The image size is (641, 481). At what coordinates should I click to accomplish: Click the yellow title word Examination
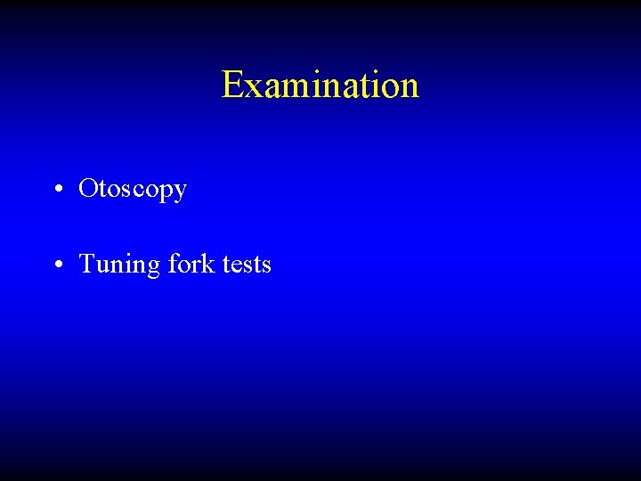[320, 86]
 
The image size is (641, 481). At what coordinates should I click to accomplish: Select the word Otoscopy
[133, 190]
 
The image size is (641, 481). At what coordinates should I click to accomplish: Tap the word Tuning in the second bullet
[112, 265]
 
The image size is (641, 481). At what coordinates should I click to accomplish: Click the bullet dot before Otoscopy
[56, 190]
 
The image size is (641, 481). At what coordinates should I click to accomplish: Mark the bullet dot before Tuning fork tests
[56, 265]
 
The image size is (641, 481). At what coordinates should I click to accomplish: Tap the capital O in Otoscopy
[88, 189]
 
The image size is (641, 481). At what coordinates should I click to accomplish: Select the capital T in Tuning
[87, 265]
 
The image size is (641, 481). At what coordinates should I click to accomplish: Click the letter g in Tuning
[139, 268]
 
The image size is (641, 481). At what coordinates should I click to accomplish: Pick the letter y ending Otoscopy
[180, 192]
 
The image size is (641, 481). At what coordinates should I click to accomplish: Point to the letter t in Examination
[368, 86]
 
